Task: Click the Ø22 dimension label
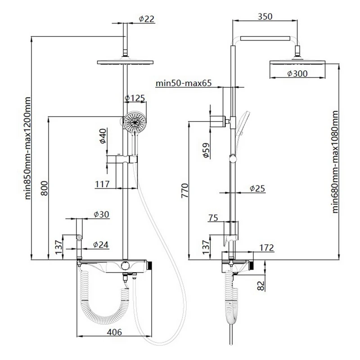[x=147, y=19]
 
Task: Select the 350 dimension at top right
[x=265, y=17]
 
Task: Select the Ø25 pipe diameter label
[x=257, y=189]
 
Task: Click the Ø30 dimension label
[x=102, y=214]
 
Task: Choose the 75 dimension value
[x=214, y=218]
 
